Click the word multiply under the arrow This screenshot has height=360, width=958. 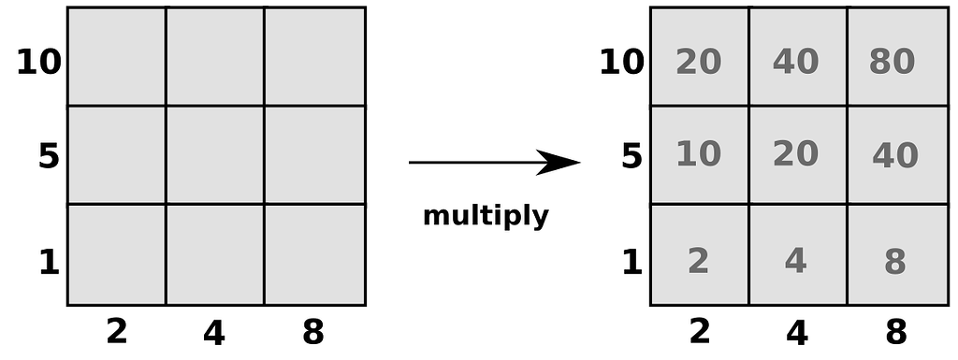[x=486, y=217]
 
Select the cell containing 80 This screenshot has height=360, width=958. [x=892, y=62]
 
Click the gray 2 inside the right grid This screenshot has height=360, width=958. [x=698, y=262]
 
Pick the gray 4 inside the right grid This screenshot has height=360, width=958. [x=795, y=262]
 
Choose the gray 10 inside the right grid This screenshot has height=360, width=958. [x=698, y=153]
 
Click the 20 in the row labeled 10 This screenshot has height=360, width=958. [x=698, y=62]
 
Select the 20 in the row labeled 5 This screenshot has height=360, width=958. [x=796, y=153]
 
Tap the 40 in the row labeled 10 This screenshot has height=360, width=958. [x=796, y=62]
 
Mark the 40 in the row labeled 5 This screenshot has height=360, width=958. [x=894, y=155]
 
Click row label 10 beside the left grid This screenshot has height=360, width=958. [x=38, y=63]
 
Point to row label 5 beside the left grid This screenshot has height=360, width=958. [x=49, y=156]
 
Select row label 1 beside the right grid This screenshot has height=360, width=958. [x=632, y=263]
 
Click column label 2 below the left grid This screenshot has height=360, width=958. [x=116, y=331]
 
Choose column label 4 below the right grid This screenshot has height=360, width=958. [x=797, y=332]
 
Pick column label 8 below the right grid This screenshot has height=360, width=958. [x=895, y=332]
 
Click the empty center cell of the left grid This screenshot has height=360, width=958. [x=214, y=154]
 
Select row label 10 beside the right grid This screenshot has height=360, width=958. [x=622, y=63]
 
